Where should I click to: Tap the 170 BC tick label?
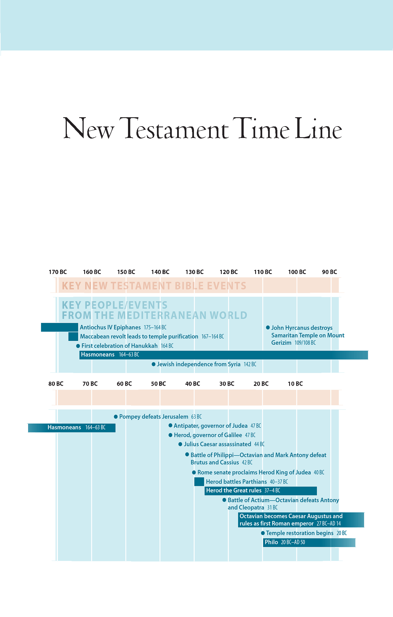(58, 272)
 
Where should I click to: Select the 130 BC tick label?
(195, 272)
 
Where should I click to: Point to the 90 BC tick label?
(330, 272)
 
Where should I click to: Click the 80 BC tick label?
(56, 384)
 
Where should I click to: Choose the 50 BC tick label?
(159, 384)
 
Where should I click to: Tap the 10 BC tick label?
(295, 384)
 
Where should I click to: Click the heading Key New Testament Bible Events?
(154, 286)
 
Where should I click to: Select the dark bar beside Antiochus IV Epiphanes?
(60, 327)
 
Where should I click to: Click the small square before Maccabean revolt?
(73, 337)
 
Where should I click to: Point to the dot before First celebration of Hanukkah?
(78, 346)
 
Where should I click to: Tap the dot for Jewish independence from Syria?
(154, 364)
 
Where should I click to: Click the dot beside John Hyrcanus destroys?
(268, 328)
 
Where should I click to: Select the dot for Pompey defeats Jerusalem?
(116, 417)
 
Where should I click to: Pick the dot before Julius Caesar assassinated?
(180, 444)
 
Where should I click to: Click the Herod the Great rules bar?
(261, 491)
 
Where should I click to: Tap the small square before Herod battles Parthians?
(199, 482)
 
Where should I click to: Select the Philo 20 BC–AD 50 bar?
(309, 542)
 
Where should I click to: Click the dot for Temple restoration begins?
(263, 533)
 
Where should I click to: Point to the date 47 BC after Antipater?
(256, 426)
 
